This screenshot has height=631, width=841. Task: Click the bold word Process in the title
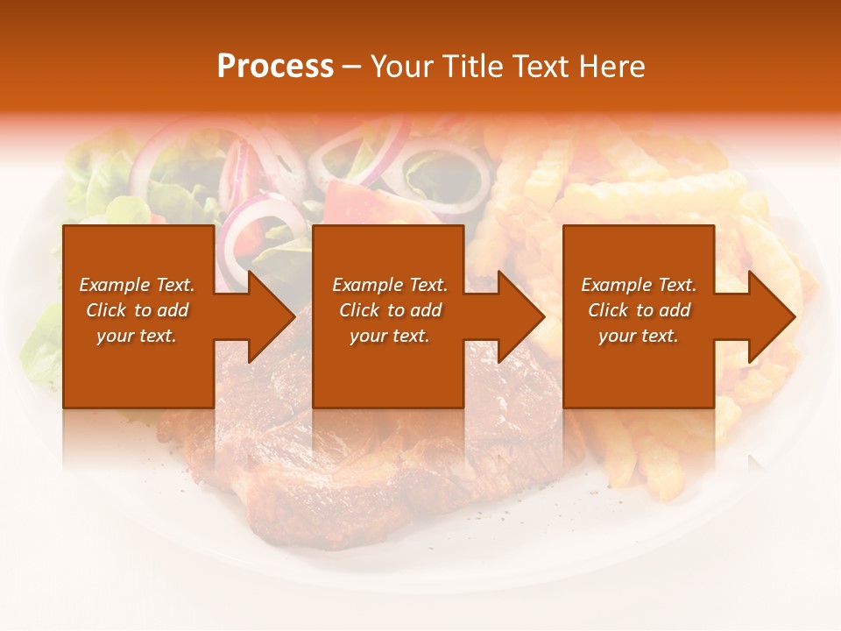point(275,67)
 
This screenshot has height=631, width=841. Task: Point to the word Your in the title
point(401,67)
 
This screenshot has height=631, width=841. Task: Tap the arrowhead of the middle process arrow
point(519,316)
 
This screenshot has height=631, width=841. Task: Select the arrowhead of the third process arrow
point(770,316)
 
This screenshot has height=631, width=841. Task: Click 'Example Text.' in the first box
point(137,285)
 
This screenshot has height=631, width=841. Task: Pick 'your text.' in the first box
point(137,336)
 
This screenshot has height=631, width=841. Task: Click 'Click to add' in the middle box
point(390,310)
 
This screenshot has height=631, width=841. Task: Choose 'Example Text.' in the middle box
point(390,285)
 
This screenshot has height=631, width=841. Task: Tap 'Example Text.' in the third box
point(639,285)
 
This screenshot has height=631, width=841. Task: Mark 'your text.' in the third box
point(639,336)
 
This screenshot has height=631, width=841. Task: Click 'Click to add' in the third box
point(639,310)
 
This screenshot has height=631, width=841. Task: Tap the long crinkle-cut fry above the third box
point(648,188)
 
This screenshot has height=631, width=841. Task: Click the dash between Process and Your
point(351,67)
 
